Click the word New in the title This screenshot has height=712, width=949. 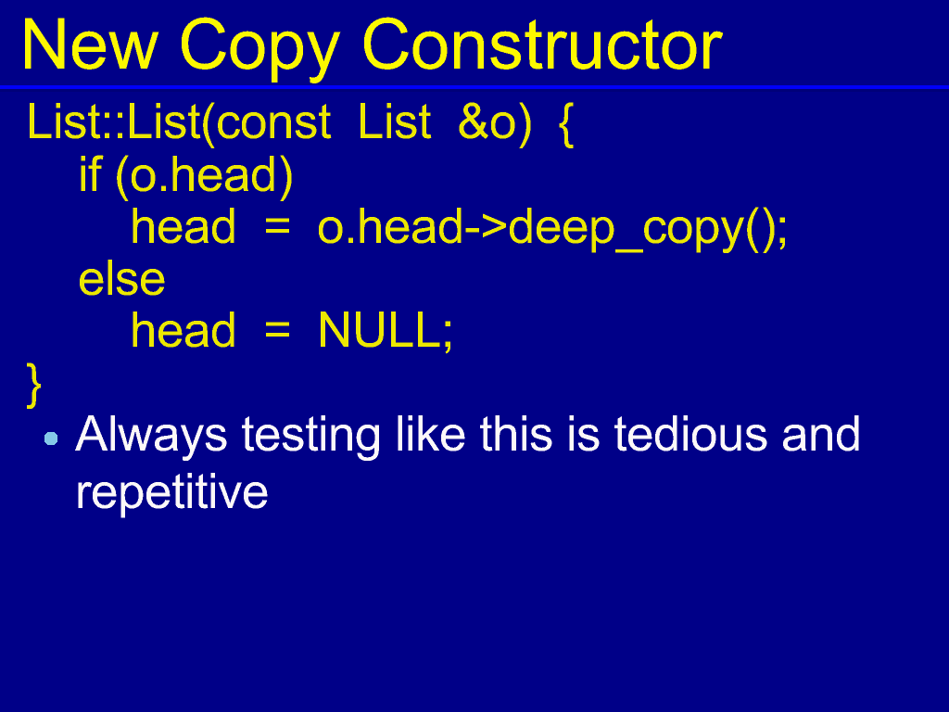coord(90,45)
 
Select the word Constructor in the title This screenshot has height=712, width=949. coord(542,45)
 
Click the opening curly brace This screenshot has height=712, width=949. coord(565,124)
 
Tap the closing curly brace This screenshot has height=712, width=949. coord(34,386)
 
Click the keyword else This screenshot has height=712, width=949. coord(121,279)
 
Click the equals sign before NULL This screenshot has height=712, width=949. coord(277,331)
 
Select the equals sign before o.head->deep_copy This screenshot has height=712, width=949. coord(277,227)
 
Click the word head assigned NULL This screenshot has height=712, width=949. coord(183,331)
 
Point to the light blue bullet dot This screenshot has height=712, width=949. coord(52,439)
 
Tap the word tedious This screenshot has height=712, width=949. coord(690,434)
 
